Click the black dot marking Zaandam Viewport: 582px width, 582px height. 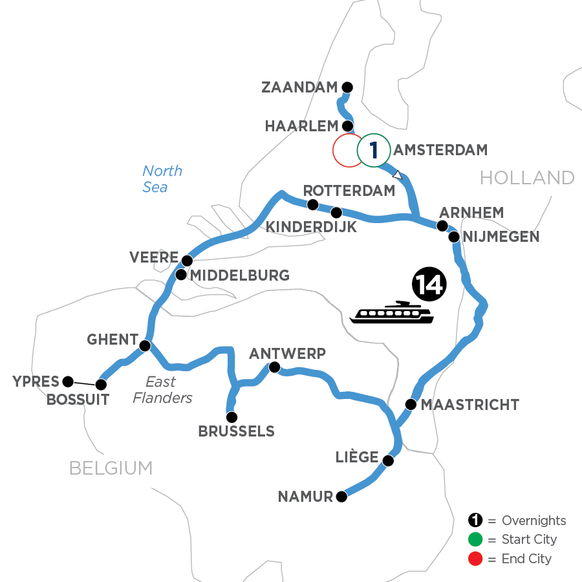point(347,87)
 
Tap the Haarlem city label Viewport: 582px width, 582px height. point(302,126)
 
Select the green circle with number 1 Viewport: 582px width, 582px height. point(374,151)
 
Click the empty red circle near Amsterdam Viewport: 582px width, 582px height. point(349,151)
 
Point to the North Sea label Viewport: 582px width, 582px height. point(162,179)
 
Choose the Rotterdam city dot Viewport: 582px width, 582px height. point(313,205)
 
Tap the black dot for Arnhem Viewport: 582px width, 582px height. point(442,226)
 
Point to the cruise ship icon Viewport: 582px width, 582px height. point(392,312)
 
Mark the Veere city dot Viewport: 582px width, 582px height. point(187,261)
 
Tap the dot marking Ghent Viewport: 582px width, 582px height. point(145,345)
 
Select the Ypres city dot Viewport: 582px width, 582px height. point(67,381)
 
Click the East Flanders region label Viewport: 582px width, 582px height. point(162,390)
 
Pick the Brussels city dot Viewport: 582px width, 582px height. point(231,417)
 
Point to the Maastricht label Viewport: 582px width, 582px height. point(469,405)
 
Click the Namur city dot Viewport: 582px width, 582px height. point(341,497)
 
